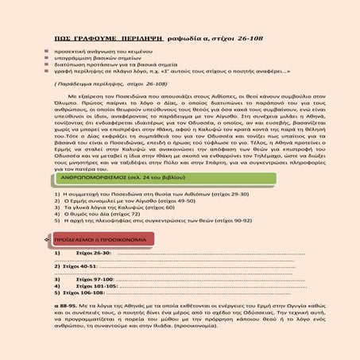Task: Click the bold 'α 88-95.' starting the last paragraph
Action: (x=60, y=307)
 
